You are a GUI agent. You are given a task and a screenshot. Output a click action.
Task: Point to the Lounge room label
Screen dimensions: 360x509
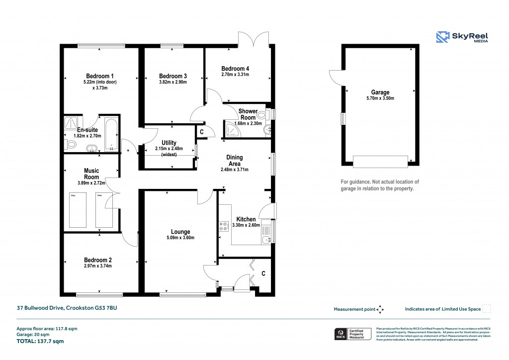point(180,232)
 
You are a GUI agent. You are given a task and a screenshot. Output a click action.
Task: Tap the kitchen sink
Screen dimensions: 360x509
point(266,239)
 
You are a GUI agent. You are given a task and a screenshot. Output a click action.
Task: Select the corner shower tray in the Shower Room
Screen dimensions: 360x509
point(231,130)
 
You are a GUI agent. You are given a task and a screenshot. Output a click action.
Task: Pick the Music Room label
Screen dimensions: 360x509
point(91,174)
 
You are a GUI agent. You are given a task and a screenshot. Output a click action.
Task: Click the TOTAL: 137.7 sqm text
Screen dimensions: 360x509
point(40,342)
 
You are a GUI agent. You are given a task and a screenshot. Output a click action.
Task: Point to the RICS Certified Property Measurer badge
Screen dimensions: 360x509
point(352,334)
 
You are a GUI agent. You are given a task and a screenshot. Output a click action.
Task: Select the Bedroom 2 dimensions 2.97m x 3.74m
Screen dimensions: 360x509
point(97,266)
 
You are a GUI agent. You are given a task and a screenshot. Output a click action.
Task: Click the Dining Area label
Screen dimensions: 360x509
point(234,161)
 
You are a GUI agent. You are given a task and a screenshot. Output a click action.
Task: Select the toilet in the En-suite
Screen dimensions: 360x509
point(71,144)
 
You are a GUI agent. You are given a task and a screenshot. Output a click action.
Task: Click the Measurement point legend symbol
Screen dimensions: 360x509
point(380,309)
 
